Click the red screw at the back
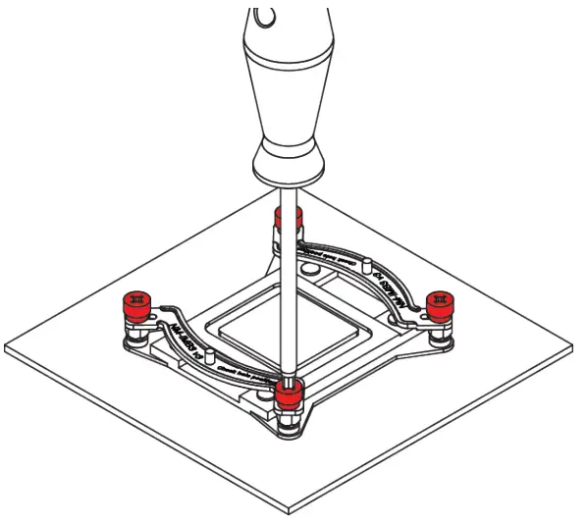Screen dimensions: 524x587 [x=287, y=219]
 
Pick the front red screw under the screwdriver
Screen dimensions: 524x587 [x=288, y=394]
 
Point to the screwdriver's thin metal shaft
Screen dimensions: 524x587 [x=286, y=285]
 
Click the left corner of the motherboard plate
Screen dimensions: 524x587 [x=8, y=349]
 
